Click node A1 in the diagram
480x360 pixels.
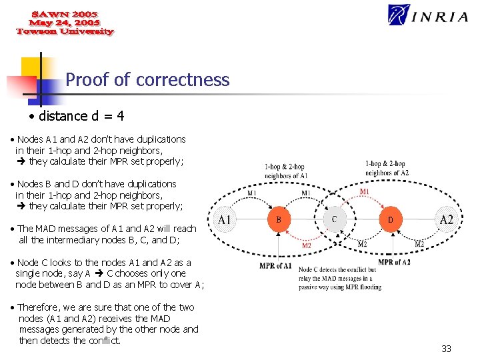(225, 219)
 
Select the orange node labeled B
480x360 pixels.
(279, 219)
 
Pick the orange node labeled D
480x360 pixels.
(390, 219)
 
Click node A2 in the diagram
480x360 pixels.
(446, 219)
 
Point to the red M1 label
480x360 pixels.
(365, 192)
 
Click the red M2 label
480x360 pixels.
(307, 245)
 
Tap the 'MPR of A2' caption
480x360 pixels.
(394, 262)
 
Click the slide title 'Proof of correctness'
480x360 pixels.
(147, 80)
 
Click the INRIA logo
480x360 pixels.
(428, 15)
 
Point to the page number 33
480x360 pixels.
(446, 349)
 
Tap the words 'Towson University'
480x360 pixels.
(65, 31)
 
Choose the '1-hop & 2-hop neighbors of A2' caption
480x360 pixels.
(387, 167)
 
